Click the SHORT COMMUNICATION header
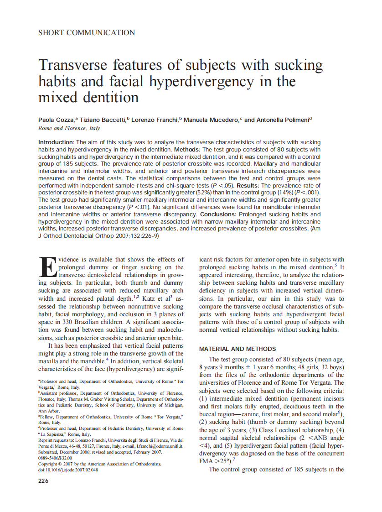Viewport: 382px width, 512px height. click(87, 33)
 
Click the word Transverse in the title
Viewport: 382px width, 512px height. click(75, 65)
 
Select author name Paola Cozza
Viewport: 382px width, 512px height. click(56, 120)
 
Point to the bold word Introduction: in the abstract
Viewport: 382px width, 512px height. click(56, 142)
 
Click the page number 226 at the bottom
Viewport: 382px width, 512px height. click(44, 481)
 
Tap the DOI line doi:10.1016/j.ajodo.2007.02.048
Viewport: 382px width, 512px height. click(68, 469)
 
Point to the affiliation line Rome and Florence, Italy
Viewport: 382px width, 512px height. click(69, 129)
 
